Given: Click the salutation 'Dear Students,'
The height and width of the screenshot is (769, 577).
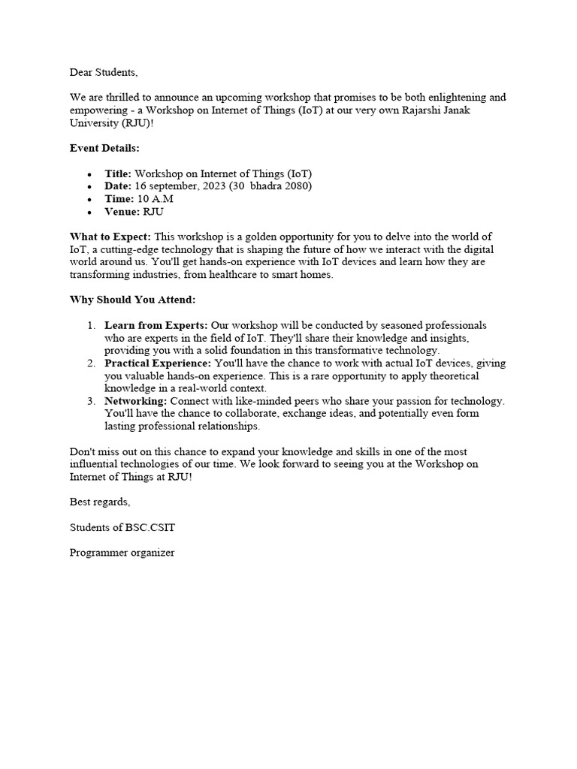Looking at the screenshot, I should point(104,73).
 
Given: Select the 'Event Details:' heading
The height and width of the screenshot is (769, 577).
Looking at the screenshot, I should point(104,148).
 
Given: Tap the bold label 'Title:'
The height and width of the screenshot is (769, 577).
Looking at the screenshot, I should point(118,173).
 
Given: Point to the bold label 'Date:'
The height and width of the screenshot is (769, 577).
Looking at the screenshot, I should point(118,186).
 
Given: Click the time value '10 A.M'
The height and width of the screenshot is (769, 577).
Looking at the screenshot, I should point(156,199).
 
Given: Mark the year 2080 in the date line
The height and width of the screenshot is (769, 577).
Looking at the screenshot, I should point(298,186).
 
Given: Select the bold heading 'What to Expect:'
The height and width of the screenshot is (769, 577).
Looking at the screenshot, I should point(110,237).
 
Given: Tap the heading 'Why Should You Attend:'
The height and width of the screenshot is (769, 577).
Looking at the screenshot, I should point(132,300).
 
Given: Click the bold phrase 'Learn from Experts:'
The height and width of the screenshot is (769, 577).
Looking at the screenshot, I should point(156,326).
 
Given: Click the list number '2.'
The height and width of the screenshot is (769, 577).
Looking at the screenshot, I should point(90,363).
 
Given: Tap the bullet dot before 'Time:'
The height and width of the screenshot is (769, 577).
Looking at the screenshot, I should point(89,200).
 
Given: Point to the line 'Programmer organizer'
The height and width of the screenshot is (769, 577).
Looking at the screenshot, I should point(122,553).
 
